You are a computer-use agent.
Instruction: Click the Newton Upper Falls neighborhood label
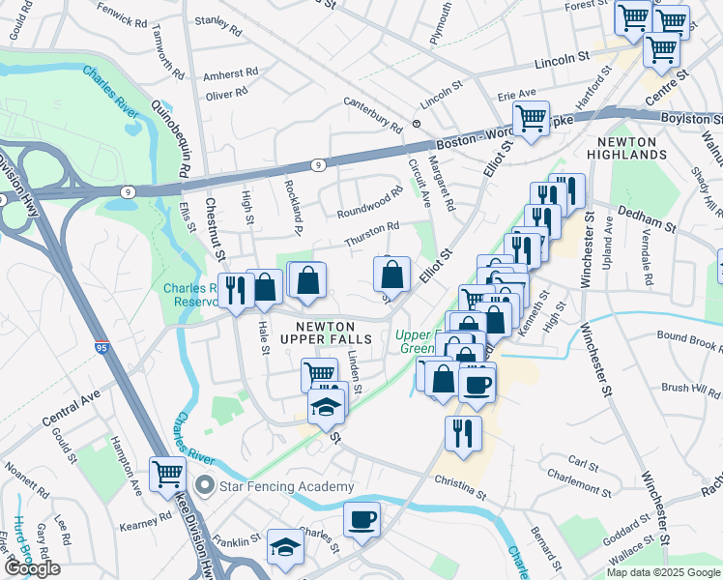tap(318, 332)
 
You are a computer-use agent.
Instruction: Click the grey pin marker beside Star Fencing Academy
tap(204, 484)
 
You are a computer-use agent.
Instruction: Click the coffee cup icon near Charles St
tap(362, 519)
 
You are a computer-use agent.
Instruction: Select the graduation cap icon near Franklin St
tap(284, 547)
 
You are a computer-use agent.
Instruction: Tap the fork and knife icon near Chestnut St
tap(236, 289)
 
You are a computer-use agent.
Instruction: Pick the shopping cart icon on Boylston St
tap(531, 119)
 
